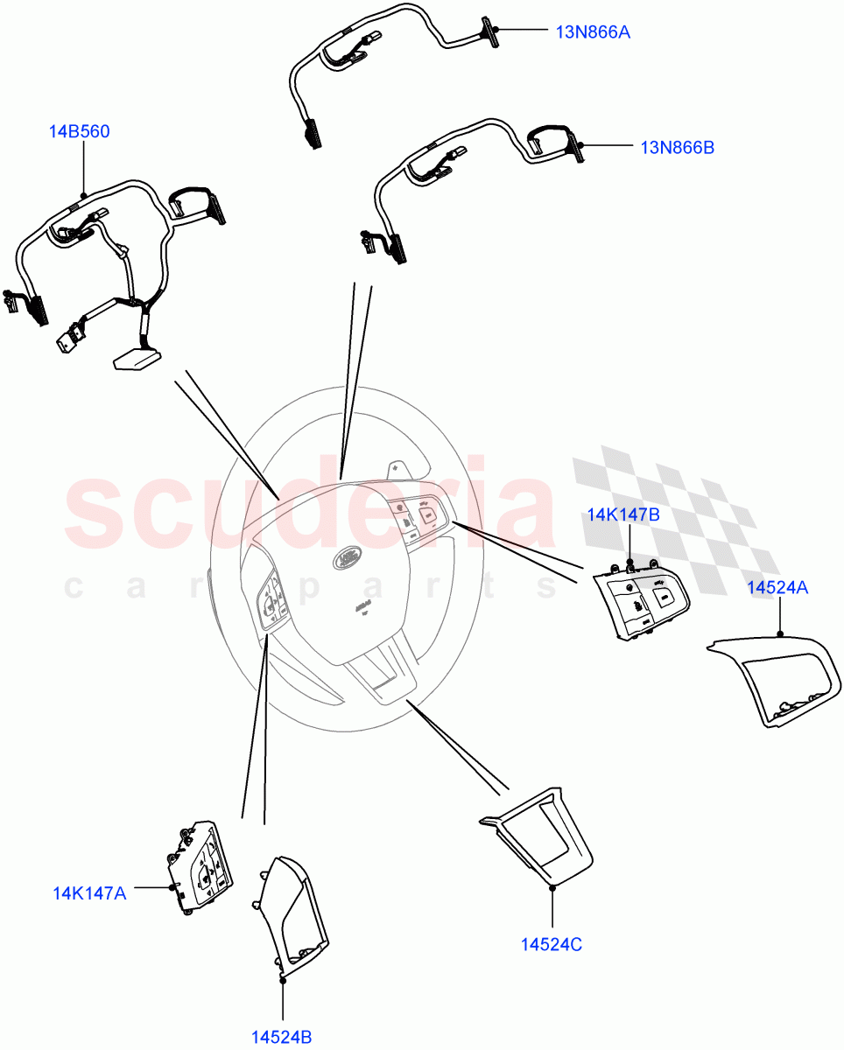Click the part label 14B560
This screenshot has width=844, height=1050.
click(x=79, y=132)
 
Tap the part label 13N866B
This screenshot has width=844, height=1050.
click(x=677, y=148)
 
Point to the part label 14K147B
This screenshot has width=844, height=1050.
click(x=622, y=514)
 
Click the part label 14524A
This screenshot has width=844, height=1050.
click(x=777, y=588)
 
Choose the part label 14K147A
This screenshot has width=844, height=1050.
click(x=89, y=893)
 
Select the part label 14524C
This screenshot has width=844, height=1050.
click(x=552, y=944)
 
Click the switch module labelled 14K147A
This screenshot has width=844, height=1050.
click(x=200, y=866)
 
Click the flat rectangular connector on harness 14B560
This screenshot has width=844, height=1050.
click(x=136, y=357)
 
